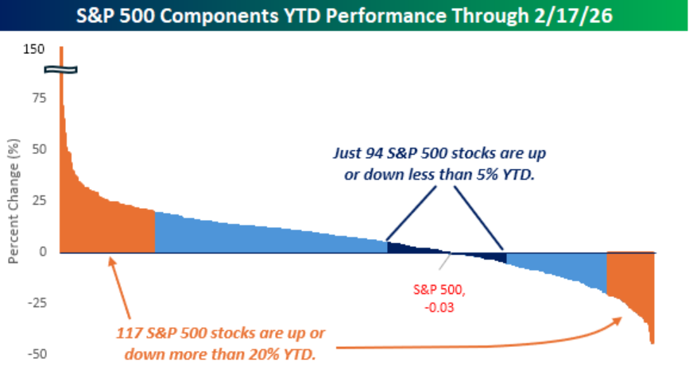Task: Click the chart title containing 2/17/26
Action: click(344, 16)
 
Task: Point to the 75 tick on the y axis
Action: click(37, 98)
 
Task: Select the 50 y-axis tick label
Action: click(37, 149)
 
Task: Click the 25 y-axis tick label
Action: click(37, 201)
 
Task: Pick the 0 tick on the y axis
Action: click(41, 252)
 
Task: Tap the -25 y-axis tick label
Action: click(34, 303)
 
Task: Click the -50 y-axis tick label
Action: click(34, 354)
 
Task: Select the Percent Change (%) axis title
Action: click(13, 202)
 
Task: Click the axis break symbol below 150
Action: click(60, 70)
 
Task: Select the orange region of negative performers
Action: click(628, 274)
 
